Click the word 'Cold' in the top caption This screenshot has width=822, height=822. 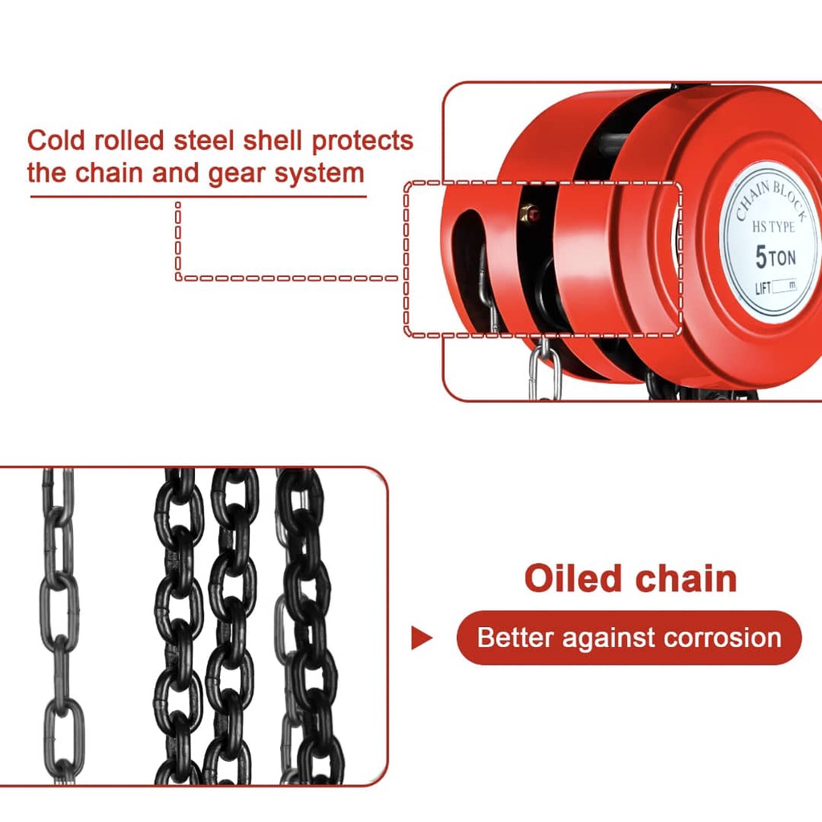57,140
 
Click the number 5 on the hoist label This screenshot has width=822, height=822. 761,257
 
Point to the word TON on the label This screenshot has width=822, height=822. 783,258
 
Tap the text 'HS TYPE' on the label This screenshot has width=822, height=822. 773,227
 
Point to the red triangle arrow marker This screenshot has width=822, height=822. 421,638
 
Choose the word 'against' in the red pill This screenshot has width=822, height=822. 608,638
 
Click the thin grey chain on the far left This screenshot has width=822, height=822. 59,626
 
